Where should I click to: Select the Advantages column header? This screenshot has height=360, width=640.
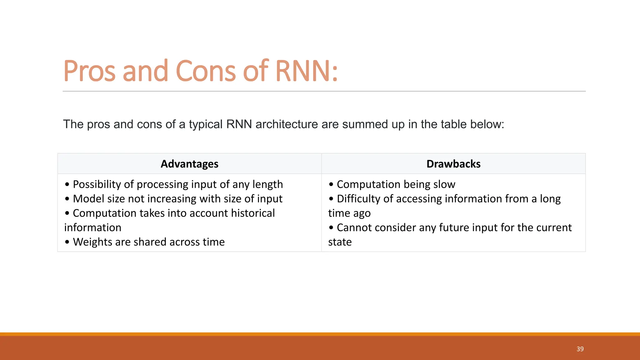tap(189, 164)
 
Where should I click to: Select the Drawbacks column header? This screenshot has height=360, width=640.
tap(453, 164)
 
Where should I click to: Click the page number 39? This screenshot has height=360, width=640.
tap(580, 349)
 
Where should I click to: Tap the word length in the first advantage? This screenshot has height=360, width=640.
tap(267, 184)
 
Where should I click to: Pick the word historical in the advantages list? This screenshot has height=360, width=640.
tap(253, 213)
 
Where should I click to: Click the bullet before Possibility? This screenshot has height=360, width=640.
tap(67, 184)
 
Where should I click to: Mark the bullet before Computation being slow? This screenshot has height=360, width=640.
tap(331, 184)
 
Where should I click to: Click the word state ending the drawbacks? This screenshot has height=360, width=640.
tap(340, 242)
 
